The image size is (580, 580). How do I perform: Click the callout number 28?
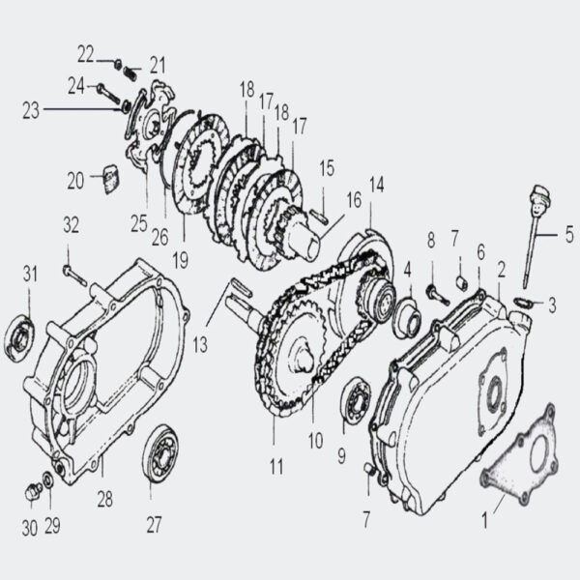click(104, 500)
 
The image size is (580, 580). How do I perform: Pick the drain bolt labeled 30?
click(31, 493)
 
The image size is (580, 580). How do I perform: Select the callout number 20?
click(75, 179)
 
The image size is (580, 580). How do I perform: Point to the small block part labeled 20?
click(109, 177)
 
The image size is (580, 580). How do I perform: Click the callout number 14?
click(376, 184)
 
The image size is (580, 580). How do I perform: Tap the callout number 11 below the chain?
click(276, 468)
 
